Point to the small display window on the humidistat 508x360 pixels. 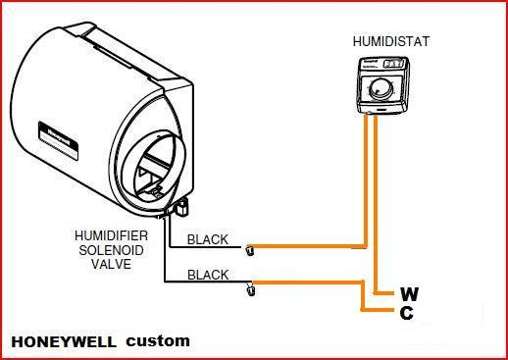(x=392, y=63)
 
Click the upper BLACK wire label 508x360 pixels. (x=209, y=238)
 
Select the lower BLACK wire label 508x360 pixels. (x=209, y=275)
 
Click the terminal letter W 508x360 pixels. (x=409, y=293)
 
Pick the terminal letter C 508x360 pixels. (x=407, y=313)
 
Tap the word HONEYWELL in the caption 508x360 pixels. (x=62, y=342)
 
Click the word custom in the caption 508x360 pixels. (x=158, y=342)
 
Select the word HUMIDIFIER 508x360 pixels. (x=110, y=236)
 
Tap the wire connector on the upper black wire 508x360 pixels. (x=250, y=248)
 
